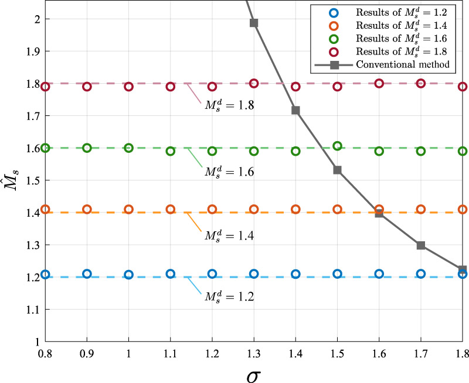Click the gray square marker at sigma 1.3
(254, 23)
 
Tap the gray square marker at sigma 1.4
(295, 110)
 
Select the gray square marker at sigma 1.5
(337, 170)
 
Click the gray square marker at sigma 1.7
(421, 245)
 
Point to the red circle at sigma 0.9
(87, 86)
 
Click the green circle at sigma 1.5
(337, 146)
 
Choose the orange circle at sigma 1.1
(171, 209)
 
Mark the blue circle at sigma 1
(128, 274)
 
